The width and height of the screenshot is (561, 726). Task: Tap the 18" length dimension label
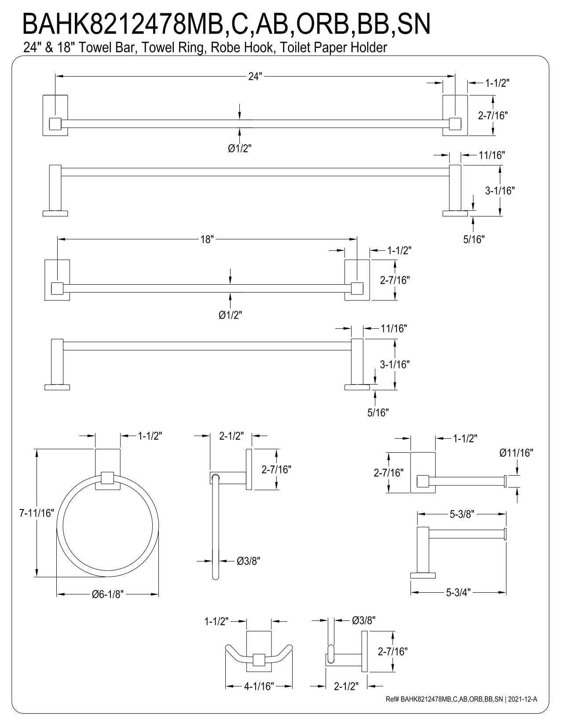pos(207,239)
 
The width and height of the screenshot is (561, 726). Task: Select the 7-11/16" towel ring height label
pos(37,513)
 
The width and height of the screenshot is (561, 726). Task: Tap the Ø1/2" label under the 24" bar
pos(239,148)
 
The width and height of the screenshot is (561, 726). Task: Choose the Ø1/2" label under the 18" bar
pos(230,315)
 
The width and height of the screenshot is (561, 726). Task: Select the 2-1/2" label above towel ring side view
pos(231,436)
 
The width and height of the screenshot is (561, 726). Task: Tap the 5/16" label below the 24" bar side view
pos(474,239)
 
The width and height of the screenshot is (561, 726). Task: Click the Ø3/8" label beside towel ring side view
pos(248,561)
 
